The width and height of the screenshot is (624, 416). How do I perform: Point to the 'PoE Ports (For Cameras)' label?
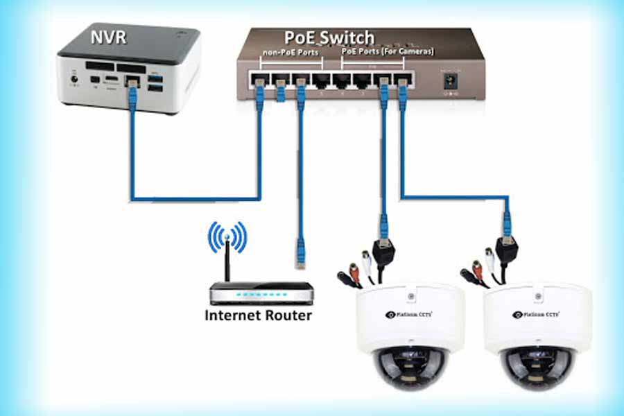point(388,52)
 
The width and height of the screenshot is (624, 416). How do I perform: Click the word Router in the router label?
point(287,316)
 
